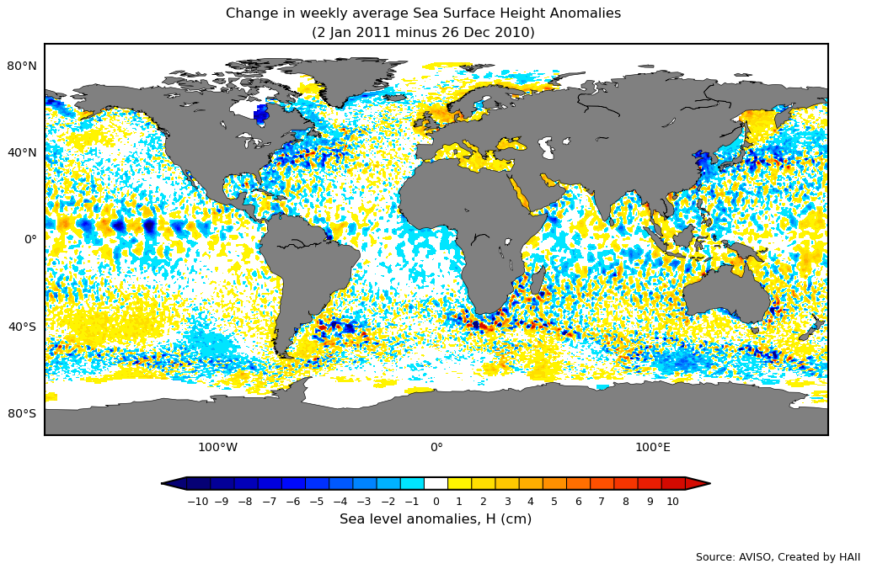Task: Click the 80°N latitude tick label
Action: click(22, 66)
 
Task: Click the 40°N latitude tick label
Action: click(22, 152)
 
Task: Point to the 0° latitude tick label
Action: click(30, 239)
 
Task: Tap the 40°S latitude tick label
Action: click(22, 327)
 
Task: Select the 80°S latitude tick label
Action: click(22, 413)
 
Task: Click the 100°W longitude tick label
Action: click(217, 447)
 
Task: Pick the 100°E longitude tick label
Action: click(653, 447)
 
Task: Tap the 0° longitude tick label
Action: click(436, 447)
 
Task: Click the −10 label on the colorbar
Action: click(197, 502)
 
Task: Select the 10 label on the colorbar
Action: click(672, 502)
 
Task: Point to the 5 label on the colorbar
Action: click(554, 502)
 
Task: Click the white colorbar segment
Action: click(436, 483)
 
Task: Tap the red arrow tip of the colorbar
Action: click(698, 483)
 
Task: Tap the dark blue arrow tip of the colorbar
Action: click(174, 483)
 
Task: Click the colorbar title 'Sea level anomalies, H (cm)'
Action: click(436, 519)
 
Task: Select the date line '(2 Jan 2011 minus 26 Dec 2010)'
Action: click(423, 33)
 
